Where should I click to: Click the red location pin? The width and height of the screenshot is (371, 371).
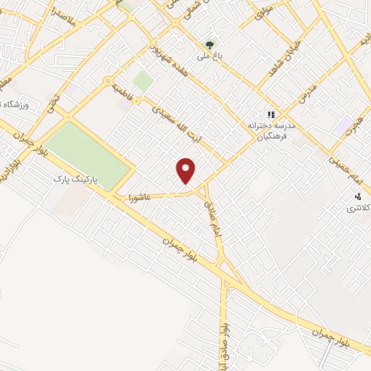tap(187, 170)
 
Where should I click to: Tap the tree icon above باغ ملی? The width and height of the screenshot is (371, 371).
tap(211, 44)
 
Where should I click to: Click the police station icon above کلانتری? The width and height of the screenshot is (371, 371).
tap(357, 196)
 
